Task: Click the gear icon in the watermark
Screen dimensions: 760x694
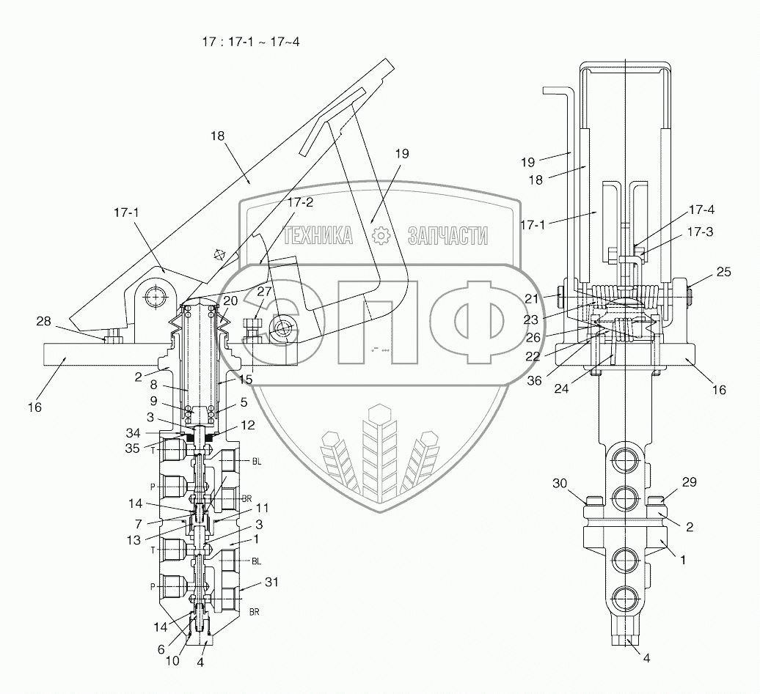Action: tap(380, 236)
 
